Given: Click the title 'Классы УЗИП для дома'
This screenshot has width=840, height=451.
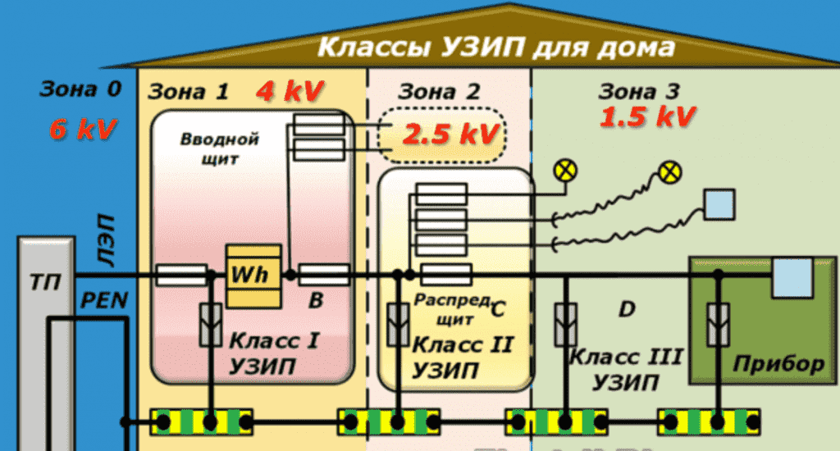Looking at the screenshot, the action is coord(496,47).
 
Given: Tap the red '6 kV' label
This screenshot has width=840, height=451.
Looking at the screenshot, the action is coord(83,129).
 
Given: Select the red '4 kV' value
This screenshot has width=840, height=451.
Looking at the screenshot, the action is coord(290,90).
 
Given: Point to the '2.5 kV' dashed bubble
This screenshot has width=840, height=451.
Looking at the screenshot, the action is coord(442,134).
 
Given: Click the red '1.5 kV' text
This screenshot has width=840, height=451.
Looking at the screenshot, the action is coord(647,116).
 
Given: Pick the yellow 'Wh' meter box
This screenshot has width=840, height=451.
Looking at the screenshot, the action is coord(253,276).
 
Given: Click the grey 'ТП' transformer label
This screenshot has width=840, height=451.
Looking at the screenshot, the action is coord(45,282).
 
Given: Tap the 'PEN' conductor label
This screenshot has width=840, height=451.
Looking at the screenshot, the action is coord(104,300).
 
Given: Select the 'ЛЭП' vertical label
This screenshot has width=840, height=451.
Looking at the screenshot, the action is coord(106,240).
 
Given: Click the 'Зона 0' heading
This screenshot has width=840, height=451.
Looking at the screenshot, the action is coord(80,89).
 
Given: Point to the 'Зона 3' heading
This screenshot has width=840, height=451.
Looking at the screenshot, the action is coord(638,91).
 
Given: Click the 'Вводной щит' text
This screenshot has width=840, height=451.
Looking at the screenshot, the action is coord(220,148).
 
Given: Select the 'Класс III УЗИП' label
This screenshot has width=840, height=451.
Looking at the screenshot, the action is coord(626,370).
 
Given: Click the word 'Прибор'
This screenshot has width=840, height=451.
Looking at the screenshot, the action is coord(778,364).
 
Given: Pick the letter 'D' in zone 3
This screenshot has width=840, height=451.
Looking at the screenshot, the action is coord(627,309).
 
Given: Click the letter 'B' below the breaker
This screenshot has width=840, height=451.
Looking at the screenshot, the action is coord(316,300).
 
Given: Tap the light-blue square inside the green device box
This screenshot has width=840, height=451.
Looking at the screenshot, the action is coord(792,277).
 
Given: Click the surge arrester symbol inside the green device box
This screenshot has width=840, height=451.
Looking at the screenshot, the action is coord(718,325).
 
